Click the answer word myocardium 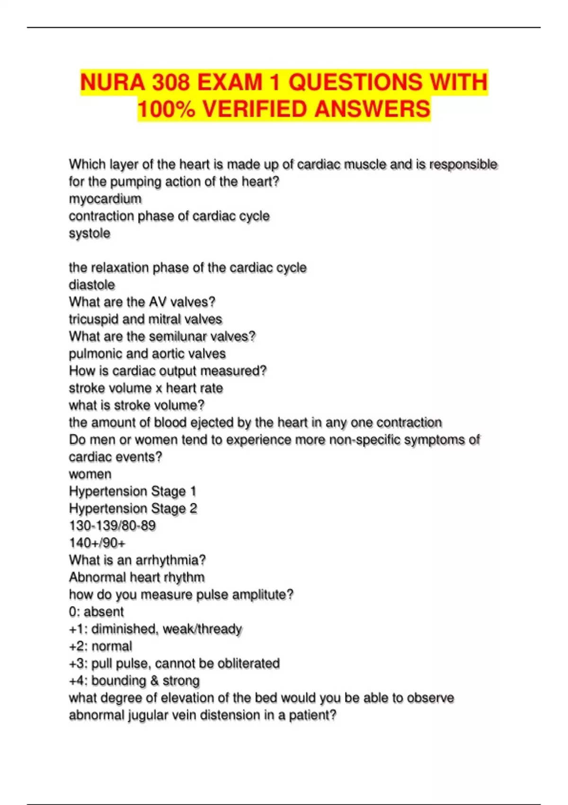pyautogui.click(x=105, y=199)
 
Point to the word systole pyautogui.click(x=89, y=233)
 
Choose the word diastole pyautogui.click(x=92, y=285)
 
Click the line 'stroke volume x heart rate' pyautogui.click(x=146, y=388)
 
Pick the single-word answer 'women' pyautogui.click(x=90, y=474)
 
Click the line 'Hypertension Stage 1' pyautogui.click(x=133, y=492)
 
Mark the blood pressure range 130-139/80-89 pyautogui.click(x=112, y=526)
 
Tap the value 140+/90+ pyautogui.click(x=97, y=543)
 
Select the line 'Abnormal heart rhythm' pyautogui.click(x=137, y=577)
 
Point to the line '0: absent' pyautogui.click(x=96, y=612)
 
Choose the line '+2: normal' pyautogui.click(x=100, y=646)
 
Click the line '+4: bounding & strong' pyautogui.click(x=134, y=680)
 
